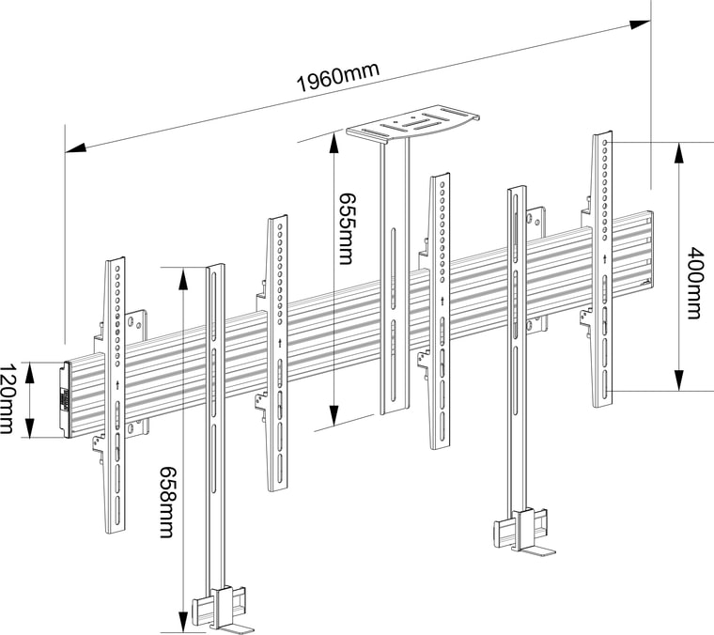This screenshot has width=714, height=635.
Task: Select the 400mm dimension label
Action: point(694,283)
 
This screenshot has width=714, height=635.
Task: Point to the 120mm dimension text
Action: point(8,400)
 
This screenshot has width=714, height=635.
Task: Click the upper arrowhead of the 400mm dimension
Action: point(679,150)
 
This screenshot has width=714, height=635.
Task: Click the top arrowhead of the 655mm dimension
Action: point(332,141)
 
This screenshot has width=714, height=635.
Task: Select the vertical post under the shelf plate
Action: point(395,282)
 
